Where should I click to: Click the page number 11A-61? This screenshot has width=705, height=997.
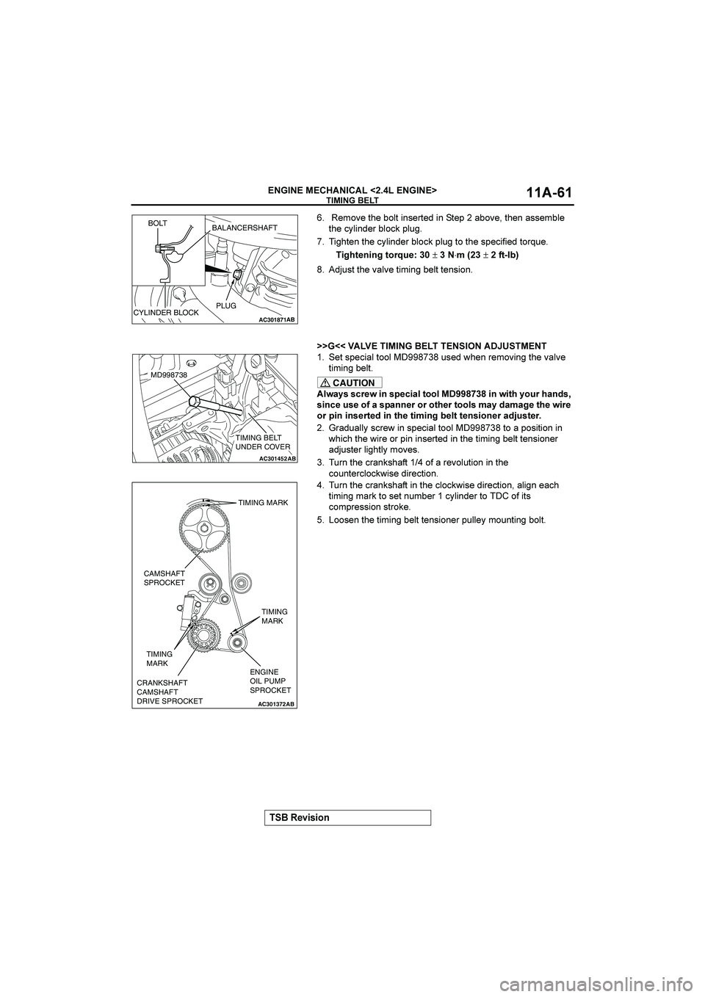coord(549,193)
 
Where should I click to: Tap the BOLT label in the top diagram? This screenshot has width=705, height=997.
coord(158,222)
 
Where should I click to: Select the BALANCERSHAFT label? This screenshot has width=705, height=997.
coord(245,228)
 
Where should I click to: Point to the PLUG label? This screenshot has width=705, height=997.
coord(227,305)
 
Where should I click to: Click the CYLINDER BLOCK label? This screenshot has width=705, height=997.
coord(166,313)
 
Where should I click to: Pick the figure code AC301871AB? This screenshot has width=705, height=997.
coord(276,320)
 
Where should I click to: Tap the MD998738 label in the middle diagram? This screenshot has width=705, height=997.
coord(169,374)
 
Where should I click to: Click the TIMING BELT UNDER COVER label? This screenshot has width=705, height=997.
coord(263,443)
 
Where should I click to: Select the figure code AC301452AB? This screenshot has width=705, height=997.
coord(277,457)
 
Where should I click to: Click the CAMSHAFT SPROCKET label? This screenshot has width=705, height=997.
coord(164,577)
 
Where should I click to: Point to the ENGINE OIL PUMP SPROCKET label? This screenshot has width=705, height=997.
coord(270,681)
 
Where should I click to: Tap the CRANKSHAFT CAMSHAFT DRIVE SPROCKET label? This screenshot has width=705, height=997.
coord(170,692)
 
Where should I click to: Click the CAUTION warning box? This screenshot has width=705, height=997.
coord(350,383)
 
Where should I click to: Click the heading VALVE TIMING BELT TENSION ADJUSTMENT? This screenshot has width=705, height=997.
coord(431,345)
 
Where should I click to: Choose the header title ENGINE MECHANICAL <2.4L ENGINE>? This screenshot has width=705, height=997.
coord(352,190)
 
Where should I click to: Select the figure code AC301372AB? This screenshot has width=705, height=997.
coord(276,703)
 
